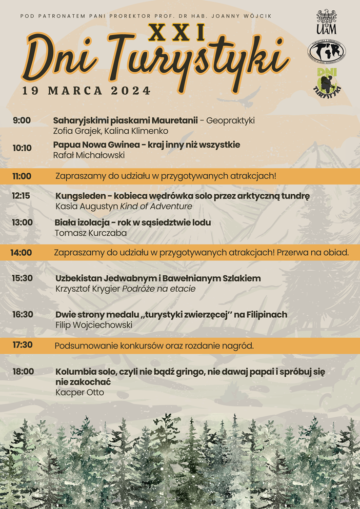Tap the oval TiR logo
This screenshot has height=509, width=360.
[x=326, y=51]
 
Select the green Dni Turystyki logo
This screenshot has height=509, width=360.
[x=327, y=82]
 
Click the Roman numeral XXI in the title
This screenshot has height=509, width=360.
[x=176, y=33]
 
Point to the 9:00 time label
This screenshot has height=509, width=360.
[x=22, y=120]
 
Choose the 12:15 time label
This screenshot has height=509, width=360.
[x=21, y=196]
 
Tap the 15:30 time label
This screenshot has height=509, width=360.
[x=23, y=278]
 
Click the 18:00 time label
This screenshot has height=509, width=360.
[x=23, y=371]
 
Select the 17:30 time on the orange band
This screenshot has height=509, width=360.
[x=23, y=345]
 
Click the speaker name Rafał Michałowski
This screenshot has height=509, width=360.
[x=89, y=155]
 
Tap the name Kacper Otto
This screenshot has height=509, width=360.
[x=79, y=393]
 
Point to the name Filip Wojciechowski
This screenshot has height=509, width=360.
[x=94, y=325]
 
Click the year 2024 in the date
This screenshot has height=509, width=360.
[x=131, y=91]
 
